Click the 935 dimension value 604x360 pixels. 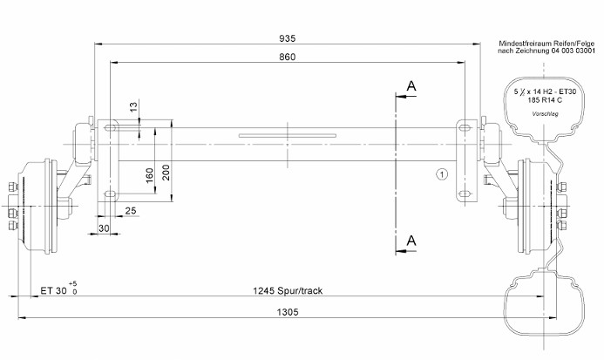[288, 38]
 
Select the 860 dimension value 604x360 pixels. [288, 57]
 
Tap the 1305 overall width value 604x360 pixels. [288, 312]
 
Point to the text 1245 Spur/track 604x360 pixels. [288, 290]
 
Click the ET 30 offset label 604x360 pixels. [53, 290]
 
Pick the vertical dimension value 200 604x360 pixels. [166, 173]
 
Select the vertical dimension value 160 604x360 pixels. [149, 175]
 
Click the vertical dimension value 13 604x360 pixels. [133, 106]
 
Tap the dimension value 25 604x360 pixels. [131, 211]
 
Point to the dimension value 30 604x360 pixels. [104, 228]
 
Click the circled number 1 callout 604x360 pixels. [442, 174]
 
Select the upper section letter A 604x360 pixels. [411, 86]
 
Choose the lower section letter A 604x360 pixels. [411, 241]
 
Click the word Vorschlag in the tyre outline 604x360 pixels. [545, 113]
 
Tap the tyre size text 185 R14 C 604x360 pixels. [545, 100]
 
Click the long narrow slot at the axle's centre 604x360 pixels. [288, 135]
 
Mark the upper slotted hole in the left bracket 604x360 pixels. [112, 126]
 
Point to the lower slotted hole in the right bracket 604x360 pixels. [465, 194]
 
